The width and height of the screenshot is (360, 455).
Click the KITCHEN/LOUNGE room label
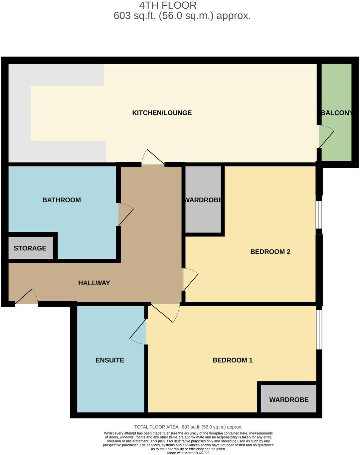[x=162, y=113]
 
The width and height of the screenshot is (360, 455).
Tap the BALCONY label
[x=336, y=113]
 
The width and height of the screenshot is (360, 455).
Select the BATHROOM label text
[x=62, y=200]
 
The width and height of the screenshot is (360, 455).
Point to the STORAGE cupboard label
[x=30, y=248]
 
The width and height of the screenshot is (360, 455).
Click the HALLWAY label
[x=94, y=283]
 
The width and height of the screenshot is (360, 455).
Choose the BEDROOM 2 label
[x=270, y=252]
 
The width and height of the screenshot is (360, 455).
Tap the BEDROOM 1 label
[x=232, y=360]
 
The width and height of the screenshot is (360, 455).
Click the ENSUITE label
[x=109, y=360]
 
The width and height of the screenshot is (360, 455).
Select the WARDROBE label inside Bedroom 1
[x=288, y=400]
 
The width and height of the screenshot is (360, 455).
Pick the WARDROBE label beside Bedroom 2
[x=203, y=200]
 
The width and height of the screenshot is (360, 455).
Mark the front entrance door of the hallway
[x=27, y=298]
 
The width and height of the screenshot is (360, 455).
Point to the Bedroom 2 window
[x=319, y=215]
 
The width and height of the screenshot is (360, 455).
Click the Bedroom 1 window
[x=319, y=329]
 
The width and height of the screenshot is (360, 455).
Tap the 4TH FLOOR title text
[x=168, y=5]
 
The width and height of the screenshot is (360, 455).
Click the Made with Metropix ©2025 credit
[x=188, y=453]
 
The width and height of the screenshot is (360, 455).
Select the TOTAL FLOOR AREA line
[x=188, y=427]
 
